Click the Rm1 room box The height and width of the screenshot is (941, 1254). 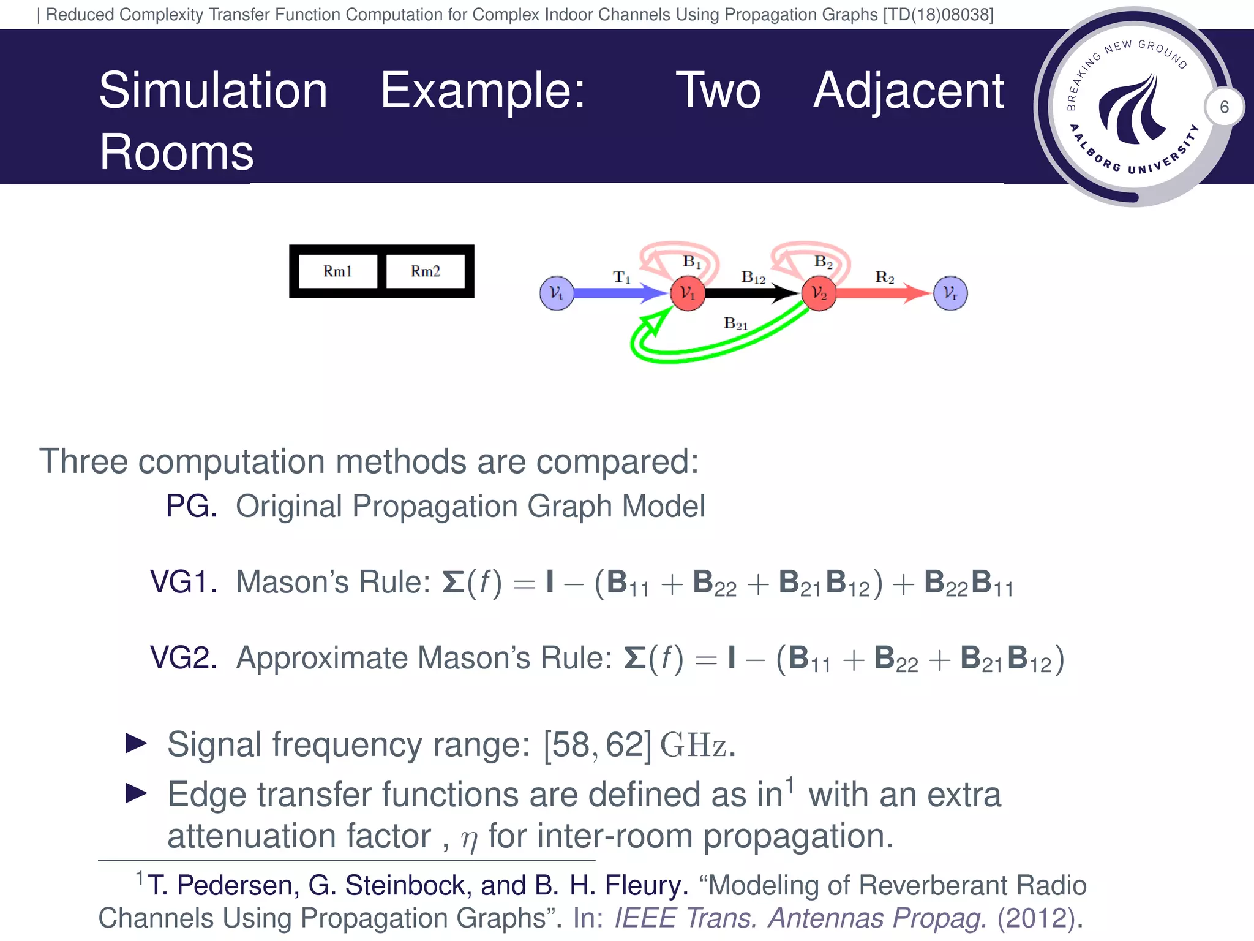pos(338,271)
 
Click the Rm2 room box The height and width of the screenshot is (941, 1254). pos(425,271)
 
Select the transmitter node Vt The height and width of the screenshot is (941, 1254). pos(556,293)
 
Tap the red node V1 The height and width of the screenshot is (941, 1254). pos(688,293)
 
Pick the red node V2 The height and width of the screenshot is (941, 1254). pos(819,293)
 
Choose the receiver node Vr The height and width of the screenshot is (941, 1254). pos(950,293)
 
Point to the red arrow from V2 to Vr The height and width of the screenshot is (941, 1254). pos(882,293)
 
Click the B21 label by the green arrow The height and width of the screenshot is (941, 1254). pos(735,323)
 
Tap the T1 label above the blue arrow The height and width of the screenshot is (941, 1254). pos(621,278)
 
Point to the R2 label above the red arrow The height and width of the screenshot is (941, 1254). pos(884,278)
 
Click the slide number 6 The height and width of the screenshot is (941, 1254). pos(1224,107)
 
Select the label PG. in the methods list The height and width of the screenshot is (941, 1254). pos(191,507)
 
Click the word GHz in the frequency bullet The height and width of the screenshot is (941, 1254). pos(693,745)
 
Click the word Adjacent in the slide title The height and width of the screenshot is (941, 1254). pos(909,91)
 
